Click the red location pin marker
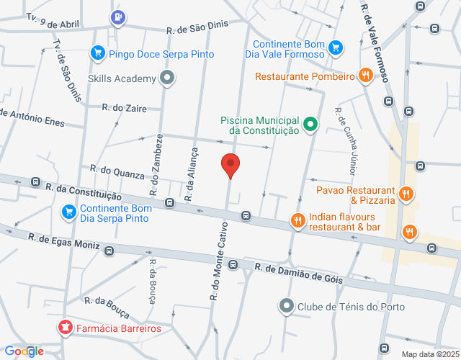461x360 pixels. click(x=230, y=165)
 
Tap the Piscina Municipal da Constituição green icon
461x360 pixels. click(x=310, y=124)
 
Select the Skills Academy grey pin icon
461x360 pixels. click(x=168, y=78)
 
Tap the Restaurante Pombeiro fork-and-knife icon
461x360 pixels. click(x=367, y=75)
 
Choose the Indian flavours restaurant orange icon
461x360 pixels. click(x=297, y=221)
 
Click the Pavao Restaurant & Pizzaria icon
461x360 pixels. click(x=406, y=194)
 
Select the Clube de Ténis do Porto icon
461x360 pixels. click(x=287, y=307)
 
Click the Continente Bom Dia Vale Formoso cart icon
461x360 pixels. click(x=335, y=48)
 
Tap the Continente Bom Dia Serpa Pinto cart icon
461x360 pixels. click(x=69, y=211)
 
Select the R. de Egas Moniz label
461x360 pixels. click(x=65, y=241)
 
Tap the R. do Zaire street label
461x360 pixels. click(x=125, y=108)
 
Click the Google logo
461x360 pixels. click(x=24, y=351)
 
